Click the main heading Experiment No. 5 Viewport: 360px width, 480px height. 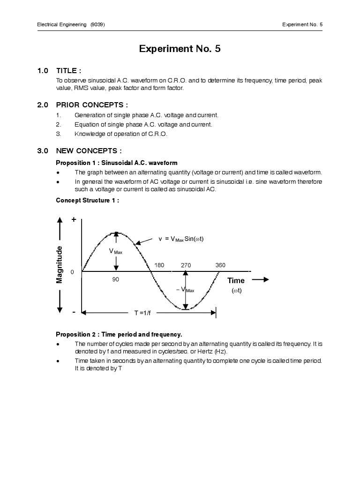pyautogui.click(x=180, y=49)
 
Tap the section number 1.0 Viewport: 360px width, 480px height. pyautogui.click(x=43, y=71)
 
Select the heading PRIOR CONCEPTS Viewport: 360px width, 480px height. pyautogui.click(x=92, y=105)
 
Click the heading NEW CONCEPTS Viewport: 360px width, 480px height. pyautogui.click(x=89, y=151)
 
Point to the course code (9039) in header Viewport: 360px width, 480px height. pyautogui.click(x=97, y=24)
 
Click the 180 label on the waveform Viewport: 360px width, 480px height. pyautogui.click(x=159, y=265)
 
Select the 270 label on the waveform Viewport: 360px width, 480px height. pyautogui.click(x=186, y=265)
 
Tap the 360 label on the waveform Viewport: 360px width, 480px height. pyautogui.click(x=220, y=265)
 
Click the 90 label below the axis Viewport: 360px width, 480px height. pyautogui.click(x=116, y=279)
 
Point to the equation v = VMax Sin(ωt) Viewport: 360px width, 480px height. pyautogui.click(x=181, y=239)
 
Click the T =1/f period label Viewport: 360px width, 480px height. pyautogui.click(x=144, y=312)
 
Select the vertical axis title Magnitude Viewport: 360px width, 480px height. pyautogui.click(x=60, y=264)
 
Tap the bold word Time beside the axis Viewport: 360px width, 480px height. pyautogui.click(x=236, y=280)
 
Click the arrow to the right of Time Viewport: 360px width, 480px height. pyautogui.click(x=260, y=279)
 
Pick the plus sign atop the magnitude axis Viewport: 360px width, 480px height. pyautogui.click(x=74, y=219)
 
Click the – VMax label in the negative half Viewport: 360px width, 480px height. pyautogui.click(x=185, y=290)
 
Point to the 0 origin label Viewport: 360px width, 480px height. pyautogui.click(x=72, y=272)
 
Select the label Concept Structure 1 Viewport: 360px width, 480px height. pyautogui.click(x=87, y=200)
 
